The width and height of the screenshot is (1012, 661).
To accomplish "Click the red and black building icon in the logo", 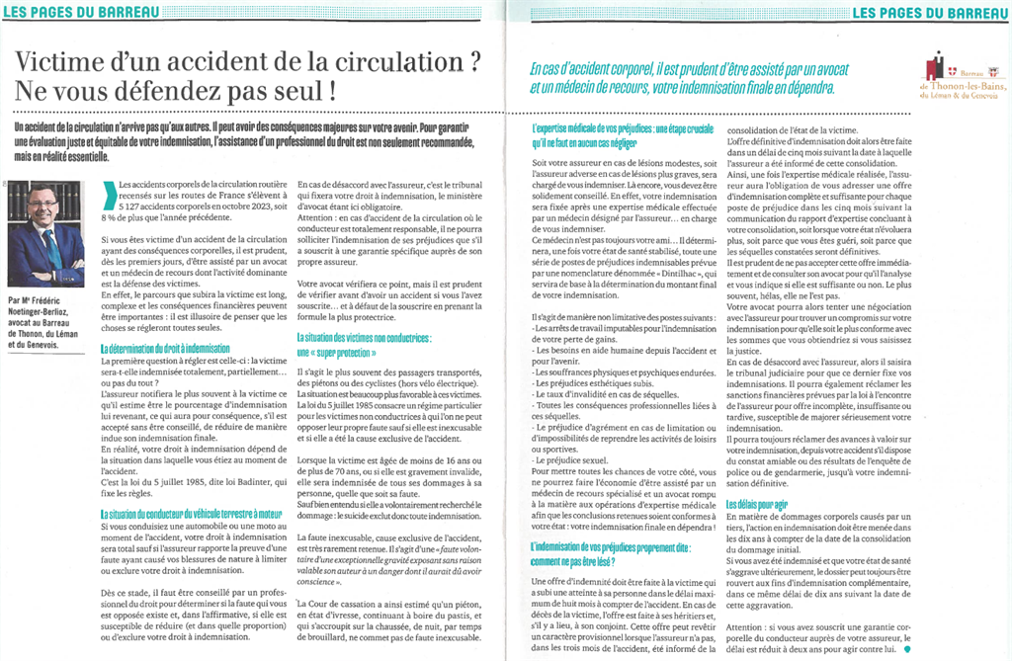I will point(935,67).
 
